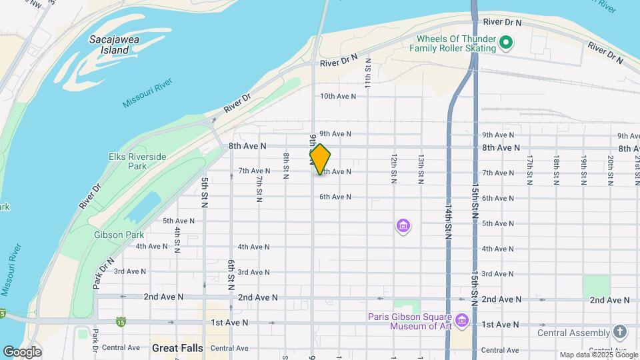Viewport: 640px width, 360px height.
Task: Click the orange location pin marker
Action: pos(320,159)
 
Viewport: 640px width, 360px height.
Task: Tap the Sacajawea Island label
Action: pos(109,45)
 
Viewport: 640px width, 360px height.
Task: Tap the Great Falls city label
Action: pos(177,348)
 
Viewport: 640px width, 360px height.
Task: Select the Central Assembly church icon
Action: pos(620,332)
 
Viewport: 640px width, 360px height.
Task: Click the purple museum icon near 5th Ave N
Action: pos(403,227)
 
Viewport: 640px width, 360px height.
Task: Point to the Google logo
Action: pos(22,352)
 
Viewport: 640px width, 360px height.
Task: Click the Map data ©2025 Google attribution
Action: pos(598,355)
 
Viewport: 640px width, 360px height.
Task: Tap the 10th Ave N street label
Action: pos(338,96)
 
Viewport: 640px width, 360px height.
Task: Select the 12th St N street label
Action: pos(394,169)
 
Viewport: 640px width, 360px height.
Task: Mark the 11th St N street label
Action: pos(367,72)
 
